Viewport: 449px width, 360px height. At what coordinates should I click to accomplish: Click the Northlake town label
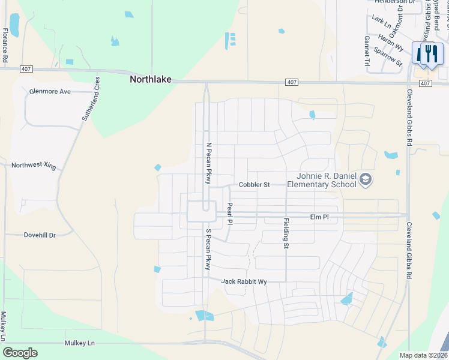coord(151,79)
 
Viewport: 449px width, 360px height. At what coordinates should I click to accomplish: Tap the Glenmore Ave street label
coord(50,92)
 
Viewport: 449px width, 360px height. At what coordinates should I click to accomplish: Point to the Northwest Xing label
coord(34,165)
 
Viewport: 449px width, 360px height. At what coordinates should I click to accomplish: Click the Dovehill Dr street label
coord(40,235)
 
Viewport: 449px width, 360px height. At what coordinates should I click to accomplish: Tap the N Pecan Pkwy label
coord(209,163)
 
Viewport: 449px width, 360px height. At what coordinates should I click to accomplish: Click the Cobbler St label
coord(254,185)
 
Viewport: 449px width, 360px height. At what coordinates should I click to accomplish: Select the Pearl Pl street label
coord(229,214)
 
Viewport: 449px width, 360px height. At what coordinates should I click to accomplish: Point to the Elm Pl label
coord(319,217)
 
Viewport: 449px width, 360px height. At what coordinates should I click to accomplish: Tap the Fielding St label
coord(286,233)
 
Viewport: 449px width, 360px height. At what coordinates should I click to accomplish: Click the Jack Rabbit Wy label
coord(244,281)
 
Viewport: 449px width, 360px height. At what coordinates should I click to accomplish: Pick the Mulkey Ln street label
coord(79,343)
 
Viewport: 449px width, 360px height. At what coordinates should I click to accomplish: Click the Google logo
coord(20,352)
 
